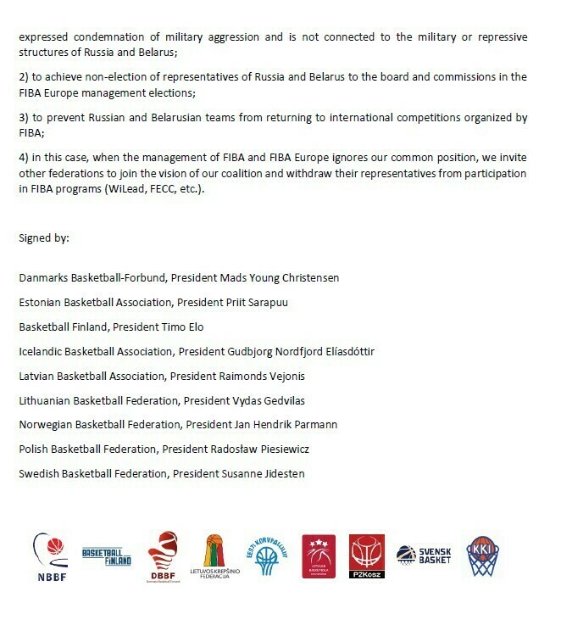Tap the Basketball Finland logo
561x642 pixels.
[107, 556]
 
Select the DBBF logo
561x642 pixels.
[164, 556]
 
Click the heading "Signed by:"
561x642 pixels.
[44, 237]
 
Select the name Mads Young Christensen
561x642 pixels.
[285, 278]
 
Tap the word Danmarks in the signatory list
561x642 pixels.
[43, 278]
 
